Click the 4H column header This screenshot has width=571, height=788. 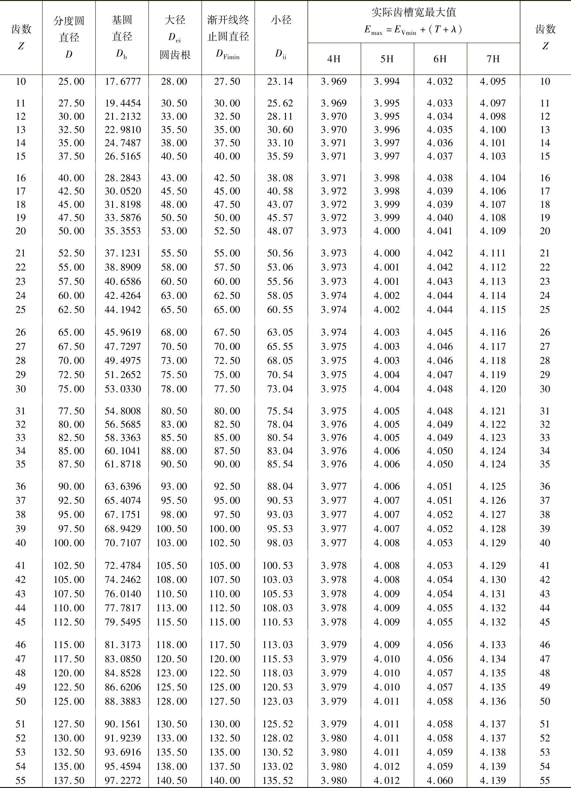[334, 59]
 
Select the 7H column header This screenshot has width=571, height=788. [493, 59]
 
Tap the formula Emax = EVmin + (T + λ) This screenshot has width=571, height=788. [413, 30]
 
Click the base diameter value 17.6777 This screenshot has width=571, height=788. [123, 82]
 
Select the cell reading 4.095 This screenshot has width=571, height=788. [493, 82]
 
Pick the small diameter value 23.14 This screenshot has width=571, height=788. [280, 82]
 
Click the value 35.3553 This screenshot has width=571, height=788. [123, 231]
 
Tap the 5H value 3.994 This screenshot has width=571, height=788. [387, 82]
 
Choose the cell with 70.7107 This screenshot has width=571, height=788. [123, 543]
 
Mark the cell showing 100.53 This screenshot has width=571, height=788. [278, 566]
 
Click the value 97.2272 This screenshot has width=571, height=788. [123, 781]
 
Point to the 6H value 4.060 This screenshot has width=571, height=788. [440, 781]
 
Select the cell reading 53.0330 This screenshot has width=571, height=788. [123, 389]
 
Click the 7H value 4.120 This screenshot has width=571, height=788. [493, 389]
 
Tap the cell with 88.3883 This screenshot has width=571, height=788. [123, 702]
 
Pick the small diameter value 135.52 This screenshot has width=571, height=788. [278, 781]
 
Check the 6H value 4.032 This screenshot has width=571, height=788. [440, 82]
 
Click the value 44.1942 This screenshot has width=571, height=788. [123, 310]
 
